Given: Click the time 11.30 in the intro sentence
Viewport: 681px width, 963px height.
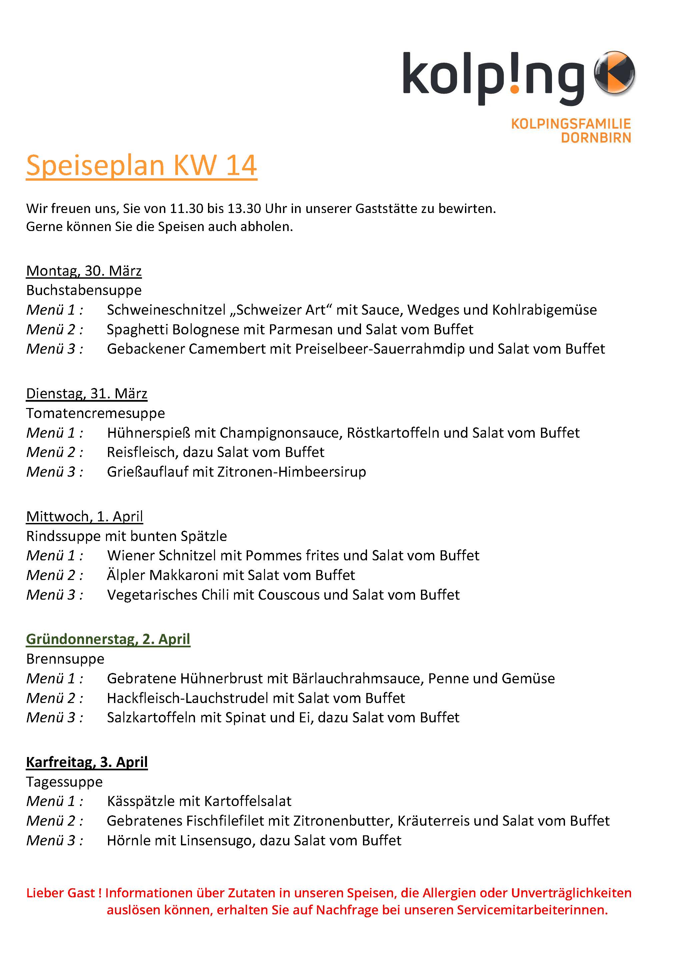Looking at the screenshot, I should point(186,208).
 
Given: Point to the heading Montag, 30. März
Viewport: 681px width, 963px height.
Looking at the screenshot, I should point(84,271).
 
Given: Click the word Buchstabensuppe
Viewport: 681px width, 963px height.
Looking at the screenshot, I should point(84,290).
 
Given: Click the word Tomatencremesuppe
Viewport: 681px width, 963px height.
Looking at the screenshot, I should point(96,413).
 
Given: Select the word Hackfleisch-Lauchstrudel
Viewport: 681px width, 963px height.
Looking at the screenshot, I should point(187,698).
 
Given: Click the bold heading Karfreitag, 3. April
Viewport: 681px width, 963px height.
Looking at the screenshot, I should point(87,762).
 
